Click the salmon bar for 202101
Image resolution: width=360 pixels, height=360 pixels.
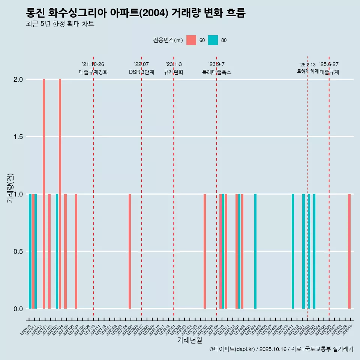(44, 194)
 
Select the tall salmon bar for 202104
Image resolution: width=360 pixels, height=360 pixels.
(60, 194)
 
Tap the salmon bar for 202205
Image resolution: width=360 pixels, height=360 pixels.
(130, 251)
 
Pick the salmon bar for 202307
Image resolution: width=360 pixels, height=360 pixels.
(205, 251)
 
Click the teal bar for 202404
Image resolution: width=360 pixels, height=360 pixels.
(255, 251)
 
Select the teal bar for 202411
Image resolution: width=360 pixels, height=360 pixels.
(293, 251)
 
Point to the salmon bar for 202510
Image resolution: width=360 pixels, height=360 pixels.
(349, 251)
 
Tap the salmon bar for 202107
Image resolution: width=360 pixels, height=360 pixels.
(76, 251)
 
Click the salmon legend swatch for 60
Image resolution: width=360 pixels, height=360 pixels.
(191, 40)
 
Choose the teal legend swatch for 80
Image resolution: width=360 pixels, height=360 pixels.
(213, 40)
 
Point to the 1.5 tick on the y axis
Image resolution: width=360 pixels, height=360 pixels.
(18, 137)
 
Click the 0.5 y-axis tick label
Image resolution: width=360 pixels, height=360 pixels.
(18, 251)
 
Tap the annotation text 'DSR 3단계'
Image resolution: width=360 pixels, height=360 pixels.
(141, 72)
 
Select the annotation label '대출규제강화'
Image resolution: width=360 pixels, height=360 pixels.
(93, 72)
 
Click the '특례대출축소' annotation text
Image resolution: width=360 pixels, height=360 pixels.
(217, 72)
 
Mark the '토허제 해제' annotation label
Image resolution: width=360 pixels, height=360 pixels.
(307, 71)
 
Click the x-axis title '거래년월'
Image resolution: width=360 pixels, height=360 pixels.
(189, 340)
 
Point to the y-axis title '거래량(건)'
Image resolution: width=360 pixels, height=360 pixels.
(10, 188)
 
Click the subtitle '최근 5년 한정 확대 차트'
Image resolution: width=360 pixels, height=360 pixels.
(60, 24)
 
